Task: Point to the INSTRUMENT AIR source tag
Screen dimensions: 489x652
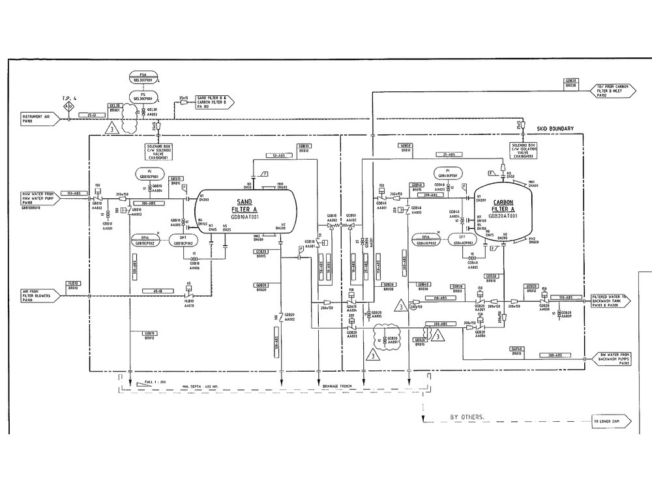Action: (40, 118)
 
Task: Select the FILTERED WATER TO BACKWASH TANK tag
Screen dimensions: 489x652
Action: (612, 301)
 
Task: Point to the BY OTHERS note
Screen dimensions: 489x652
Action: (467, 416)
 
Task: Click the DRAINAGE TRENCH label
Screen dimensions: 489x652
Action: (336, 386)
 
